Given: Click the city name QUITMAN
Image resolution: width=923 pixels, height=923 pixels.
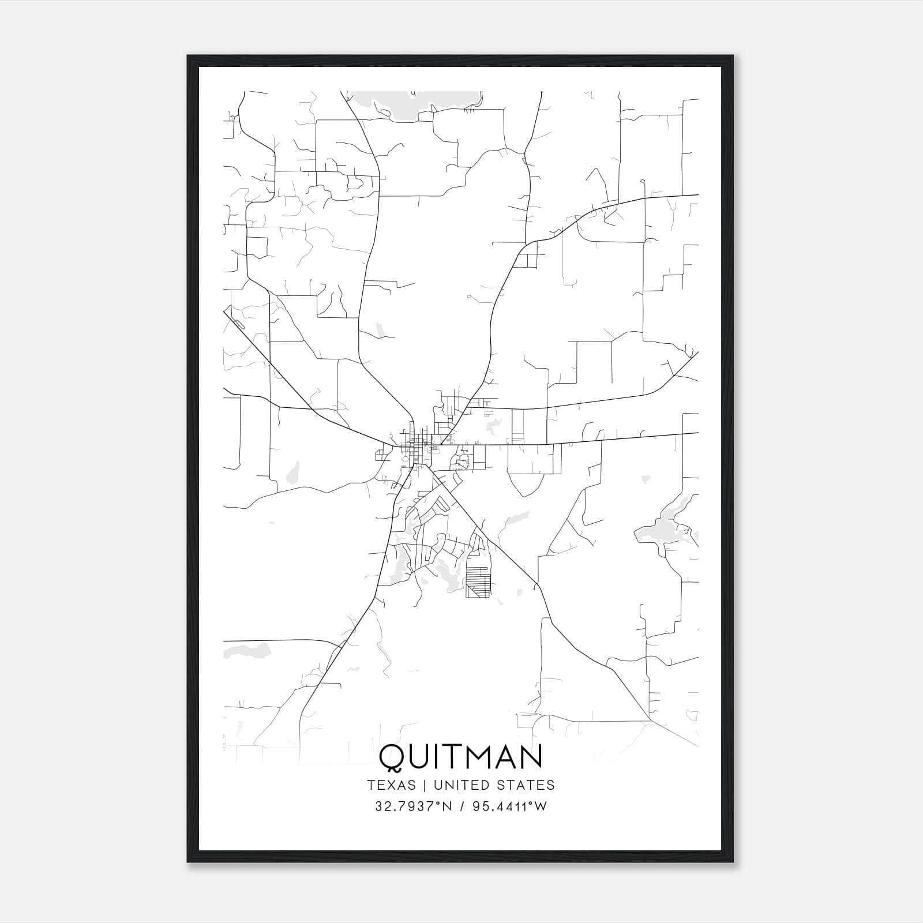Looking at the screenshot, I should click(x=461, y=756).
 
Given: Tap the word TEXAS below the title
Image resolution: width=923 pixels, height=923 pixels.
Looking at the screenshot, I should click(x=391, y=785).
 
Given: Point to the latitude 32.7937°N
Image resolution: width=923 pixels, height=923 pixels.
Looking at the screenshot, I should click(x=413, y=806).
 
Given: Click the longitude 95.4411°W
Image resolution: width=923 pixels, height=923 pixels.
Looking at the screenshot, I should click(x=509, y=806).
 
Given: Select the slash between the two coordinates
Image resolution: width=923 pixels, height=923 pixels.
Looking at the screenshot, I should click(x=462, y=806).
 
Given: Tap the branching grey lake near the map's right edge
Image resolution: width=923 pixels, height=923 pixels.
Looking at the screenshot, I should click(x=663, y=528).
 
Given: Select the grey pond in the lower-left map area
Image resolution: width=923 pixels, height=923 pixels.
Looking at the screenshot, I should click(x=248, y=651).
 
